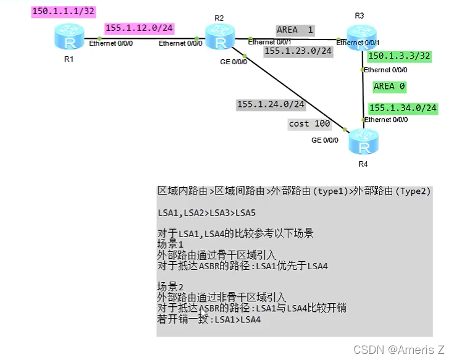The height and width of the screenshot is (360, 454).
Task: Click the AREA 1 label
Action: pyautogui.click(x=295, y=30)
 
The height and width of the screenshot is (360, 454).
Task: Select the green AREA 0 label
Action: pyautogui.click(x=389, y=87)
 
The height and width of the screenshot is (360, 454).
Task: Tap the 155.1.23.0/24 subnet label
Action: pyautogui.click(x=298, y=51)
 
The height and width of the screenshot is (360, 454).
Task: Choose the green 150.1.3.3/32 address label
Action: pyautogui.click(x=399, y=56)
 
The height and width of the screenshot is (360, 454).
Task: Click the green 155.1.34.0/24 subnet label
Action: pyautogui.click(x=403, y=108)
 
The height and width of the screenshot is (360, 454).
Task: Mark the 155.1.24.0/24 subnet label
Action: pyautogui.click(x=271, y=104)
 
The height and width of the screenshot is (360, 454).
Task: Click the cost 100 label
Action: pyautogui.click(x=309, y=123)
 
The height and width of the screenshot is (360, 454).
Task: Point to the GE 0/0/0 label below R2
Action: pyautogui.click(x=233, y=62)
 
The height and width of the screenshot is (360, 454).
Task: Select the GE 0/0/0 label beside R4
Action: pyautogui.click(x=325, y=140)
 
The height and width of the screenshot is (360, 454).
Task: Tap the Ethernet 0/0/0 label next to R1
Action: pyautogui.click(x=111, y=43)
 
